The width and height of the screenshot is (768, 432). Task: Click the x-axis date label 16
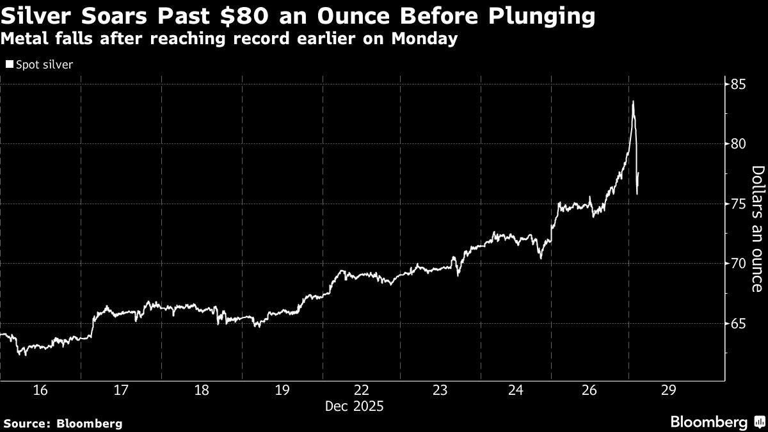pyautogui.click(x=40, y=390)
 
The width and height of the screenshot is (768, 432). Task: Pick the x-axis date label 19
pyautogui.click(x=282, y=390)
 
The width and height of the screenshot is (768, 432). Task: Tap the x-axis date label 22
pyautogui.click(x=362, y=390)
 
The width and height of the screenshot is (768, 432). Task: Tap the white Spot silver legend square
pyautogui.click(x=8, y=65)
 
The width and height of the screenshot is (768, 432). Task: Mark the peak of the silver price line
pyautogui.click(x=633, y=101)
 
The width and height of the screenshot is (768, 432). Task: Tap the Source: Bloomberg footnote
pyautogui.click(x=62, y=423)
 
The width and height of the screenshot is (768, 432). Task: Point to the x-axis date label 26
pyautogui.click(x=589, y=390)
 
